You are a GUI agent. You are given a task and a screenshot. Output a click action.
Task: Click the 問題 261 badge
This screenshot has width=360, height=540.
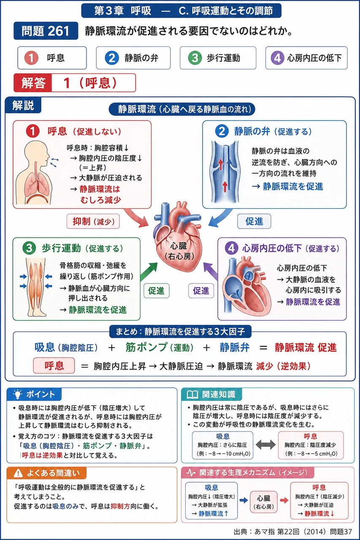click(46, 31)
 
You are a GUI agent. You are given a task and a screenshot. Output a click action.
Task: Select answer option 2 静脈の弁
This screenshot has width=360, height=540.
click(133, 58)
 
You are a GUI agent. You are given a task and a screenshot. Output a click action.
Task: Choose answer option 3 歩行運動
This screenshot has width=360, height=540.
click(218, 58)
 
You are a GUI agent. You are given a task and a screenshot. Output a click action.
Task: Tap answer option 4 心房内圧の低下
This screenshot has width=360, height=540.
click(306, 58)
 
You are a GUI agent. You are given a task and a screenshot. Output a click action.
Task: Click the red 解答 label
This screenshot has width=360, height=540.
click(33, 83)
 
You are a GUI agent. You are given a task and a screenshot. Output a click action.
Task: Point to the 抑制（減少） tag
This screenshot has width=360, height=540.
click(93, 221)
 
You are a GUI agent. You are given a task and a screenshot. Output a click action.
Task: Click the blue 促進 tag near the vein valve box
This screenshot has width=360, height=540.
click(254, 221)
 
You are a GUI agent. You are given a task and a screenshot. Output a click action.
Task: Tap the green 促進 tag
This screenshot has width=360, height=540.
click(156, 291)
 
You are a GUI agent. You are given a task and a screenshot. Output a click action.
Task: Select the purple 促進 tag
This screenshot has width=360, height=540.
click(201, 291)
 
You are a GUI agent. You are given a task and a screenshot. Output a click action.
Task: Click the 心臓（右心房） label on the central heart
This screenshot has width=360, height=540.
click(179, 251)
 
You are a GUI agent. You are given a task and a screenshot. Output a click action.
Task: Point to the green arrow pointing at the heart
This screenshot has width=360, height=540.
click(149, 271)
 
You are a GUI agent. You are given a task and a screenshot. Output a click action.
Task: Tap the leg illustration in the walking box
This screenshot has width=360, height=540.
click(36, 287)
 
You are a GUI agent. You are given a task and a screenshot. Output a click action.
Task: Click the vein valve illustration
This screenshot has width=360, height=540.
click(225, 172)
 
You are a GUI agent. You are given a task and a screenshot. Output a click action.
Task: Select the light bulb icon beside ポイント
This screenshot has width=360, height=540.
click(18, 394)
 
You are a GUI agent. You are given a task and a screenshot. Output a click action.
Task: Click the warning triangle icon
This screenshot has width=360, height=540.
click(18, 473)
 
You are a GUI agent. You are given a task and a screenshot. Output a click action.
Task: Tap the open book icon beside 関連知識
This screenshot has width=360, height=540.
click(192, 394)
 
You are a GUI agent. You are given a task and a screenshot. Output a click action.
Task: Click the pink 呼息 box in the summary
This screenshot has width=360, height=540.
click(54, 366)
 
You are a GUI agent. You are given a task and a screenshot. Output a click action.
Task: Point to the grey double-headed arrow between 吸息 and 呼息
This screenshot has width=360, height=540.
click(265, 445)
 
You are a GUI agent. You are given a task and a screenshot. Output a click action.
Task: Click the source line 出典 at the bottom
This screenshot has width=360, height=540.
click(293, 532)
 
